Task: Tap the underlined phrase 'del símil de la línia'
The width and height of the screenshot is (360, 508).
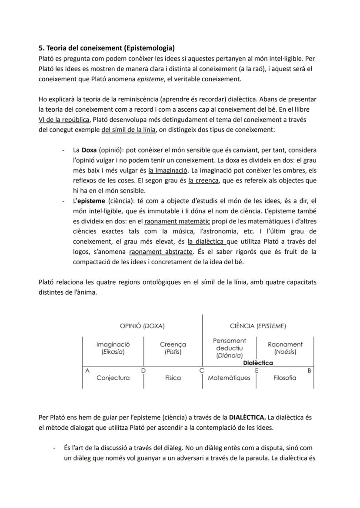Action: coord(128,129)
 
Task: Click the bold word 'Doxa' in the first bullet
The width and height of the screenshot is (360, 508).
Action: coord(89,150)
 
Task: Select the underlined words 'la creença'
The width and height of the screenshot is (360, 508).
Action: coord(203,180)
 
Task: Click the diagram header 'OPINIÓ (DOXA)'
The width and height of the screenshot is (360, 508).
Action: coord(142,326)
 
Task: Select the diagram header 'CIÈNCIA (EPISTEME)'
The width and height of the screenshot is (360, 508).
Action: coord(258,326)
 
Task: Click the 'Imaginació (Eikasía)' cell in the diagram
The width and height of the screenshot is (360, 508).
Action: coord(113,348)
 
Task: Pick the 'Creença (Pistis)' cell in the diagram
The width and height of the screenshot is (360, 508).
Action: coord(173,348)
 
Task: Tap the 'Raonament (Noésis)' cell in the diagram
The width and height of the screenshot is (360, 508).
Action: coord(285,348)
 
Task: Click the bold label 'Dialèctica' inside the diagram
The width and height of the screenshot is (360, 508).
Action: coord(258,362)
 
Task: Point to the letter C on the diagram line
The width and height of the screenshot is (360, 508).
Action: coord(202,370)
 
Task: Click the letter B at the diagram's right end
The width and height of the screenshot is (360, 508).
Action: coord(309,370)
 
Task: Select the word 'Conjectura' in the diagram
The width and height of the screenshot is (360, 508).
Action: coord(113,378)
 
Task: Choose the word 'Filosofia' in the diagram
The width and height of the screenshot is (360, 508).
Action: coord(285,378)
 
